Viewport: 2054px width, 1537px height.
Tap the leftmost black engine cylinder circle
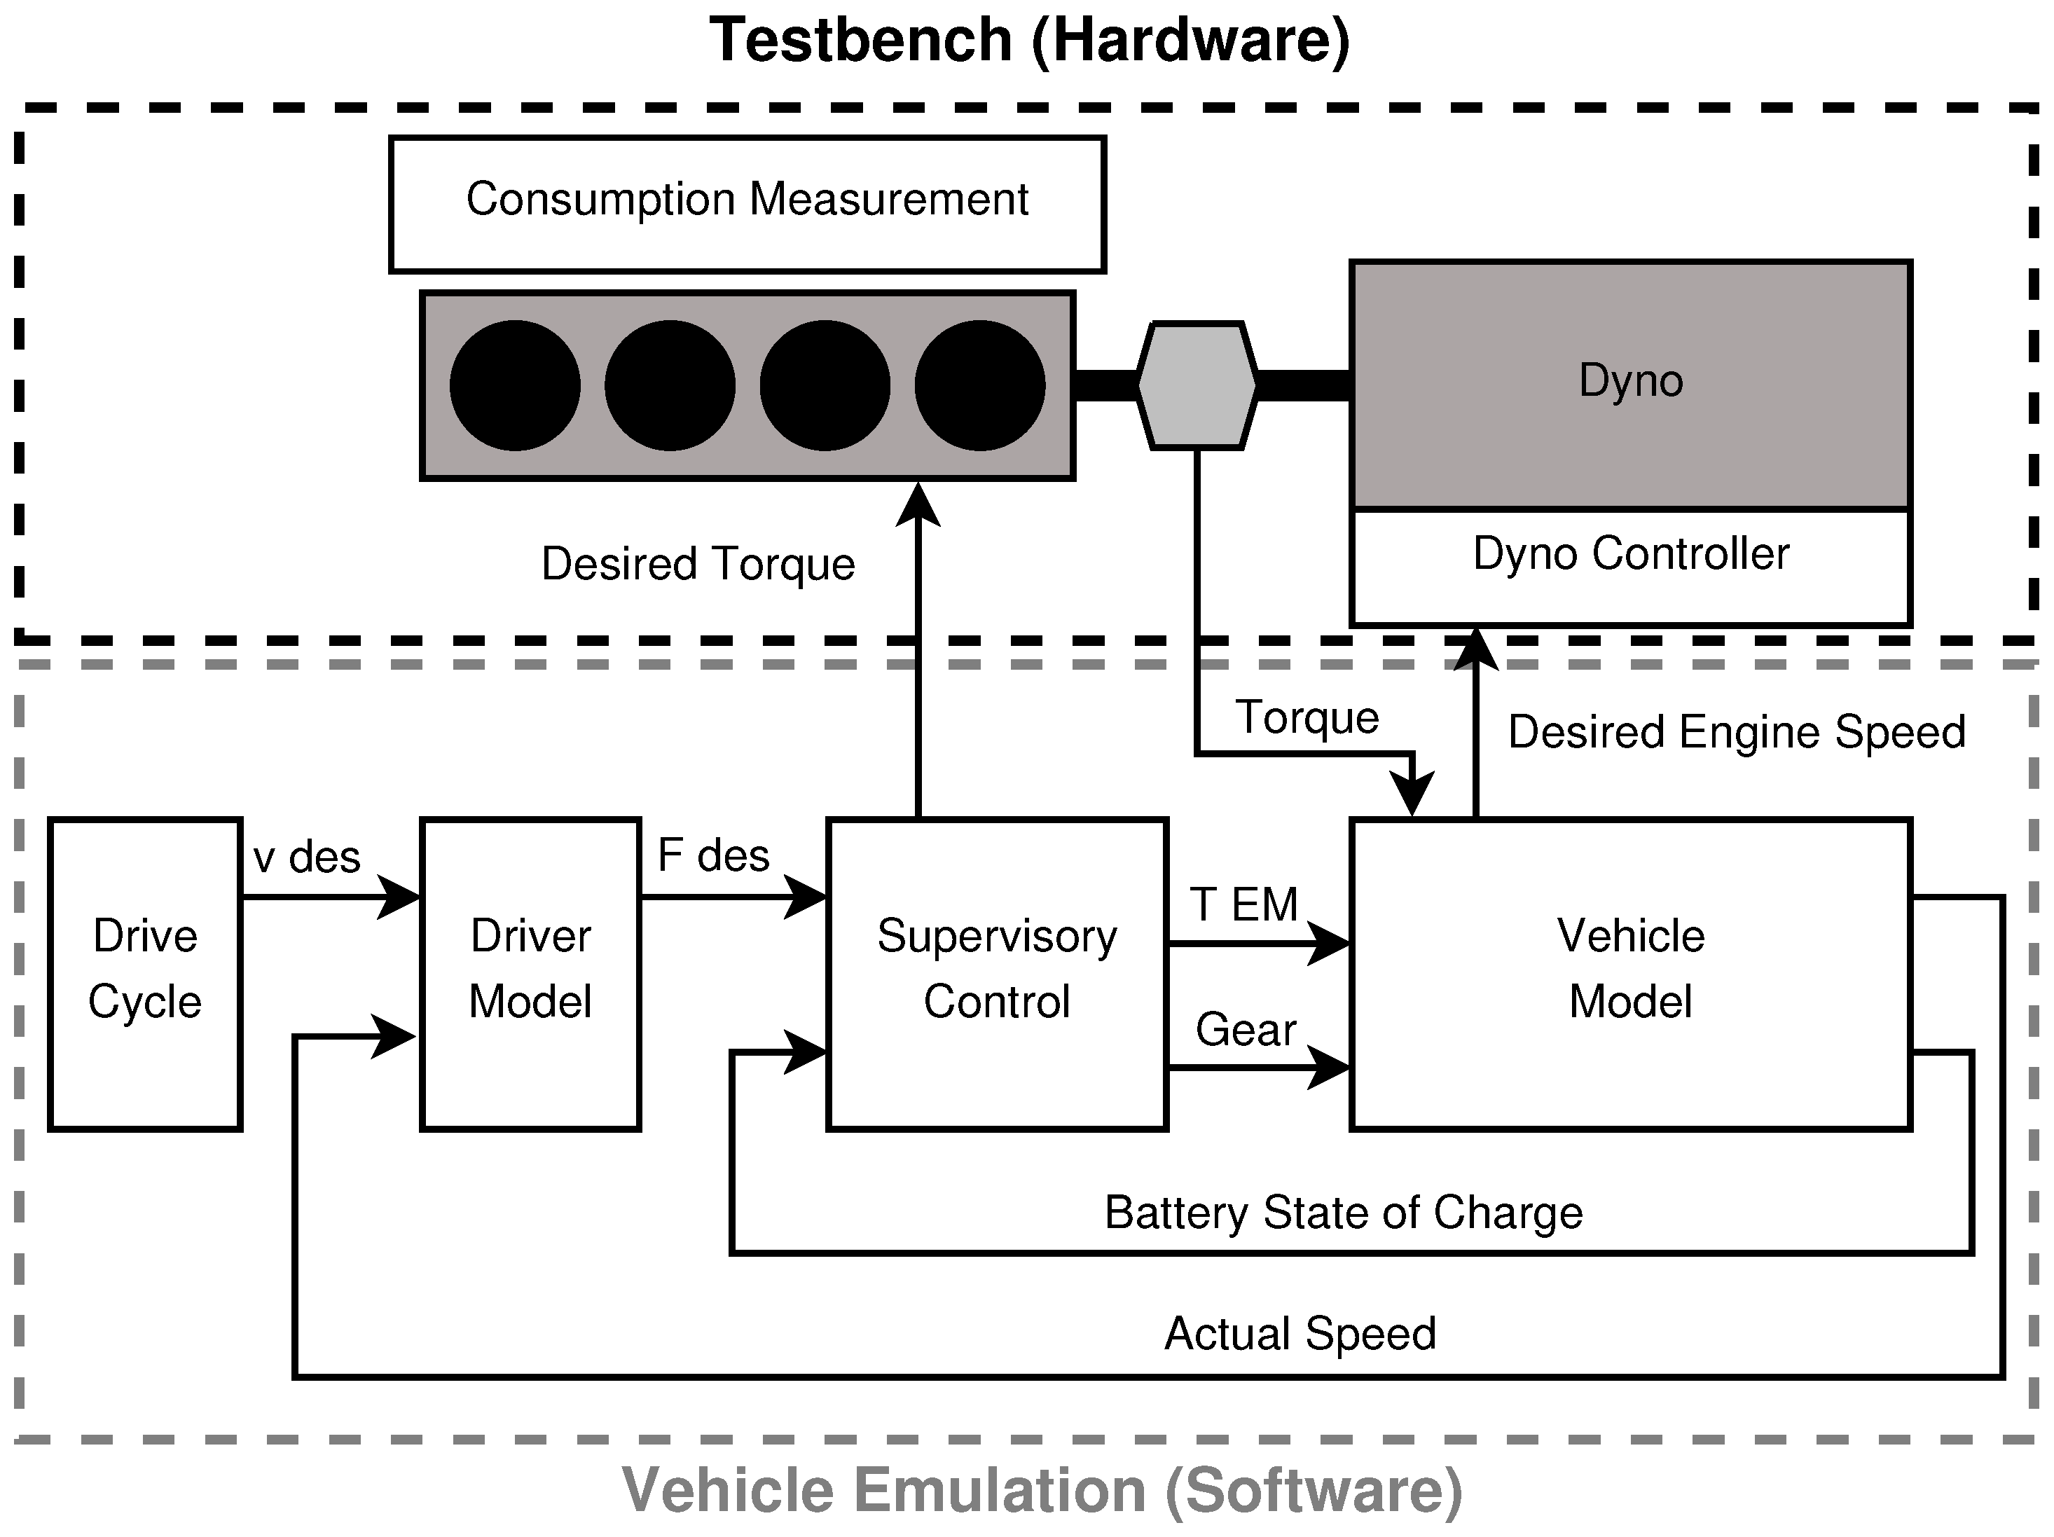516,385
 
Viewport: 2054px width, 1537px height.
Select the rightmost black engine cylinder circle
979,385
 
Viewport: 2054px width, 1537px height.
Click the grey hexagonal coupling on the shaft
1197,385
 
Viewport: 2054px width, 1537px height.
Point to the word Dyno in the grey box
1631,381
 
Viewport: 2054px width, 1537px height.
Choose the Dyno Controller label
1631,554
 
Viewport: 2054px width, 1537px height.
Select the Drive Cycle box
145,973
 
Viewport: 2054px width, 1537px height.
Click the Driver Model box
530,973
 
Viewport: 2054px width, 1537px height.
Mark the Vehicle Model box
1631,973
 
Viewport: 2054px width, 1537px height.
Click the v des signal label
306,856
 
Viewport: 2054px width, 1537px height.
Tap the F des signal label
713,855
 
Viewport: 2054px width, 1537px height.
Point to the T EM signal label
1244,904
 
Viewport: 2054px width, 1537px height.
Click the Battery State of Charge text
1343,1213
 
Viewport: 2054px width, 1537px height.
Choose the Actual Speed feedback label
1300,1334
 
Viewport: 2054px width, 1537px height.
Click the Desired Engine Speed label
1737,732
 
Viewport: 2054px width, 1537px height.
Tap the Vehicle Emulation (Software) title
1042,1491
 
